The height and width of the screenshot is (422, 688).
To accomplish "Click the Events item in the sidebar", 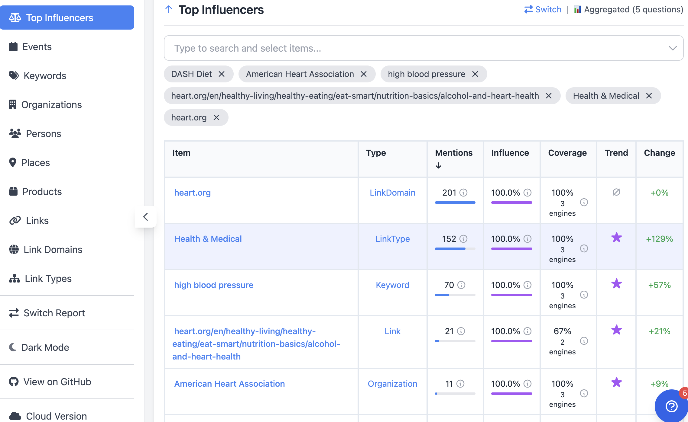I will [x=37, y=47].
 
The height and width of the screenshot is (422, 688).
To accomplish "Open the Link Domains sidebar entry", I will [x=53, y=250].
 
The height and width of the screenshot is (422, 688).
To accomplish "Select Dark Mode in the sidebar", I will [x=45, y=347].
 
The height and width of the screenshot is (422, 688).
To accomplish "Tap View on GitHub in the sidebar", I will [x=57, y=382].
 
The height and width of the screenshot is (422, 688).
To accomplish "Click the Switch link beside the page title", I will [x=543, y=10].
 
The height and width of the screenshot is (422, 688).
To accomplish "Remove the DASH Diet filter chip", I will [x=222, y=74].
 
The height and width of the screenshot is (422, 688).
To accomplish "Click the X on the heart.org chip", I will [x=216, y=117].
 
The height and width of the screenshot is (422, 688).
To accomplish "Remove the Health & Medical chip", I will [x=649, y=96].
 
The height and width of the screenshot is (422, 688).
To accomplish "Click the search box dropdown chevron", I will [x=673, y=48].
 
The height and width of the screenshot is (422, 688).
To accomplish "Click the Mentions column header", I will [x=454, y=153].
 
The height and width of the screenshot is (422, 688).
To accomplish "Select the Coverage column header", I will [x=567, y=153].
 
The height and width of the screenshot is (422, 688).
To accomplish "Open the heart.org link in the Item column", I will [x=192, y=193].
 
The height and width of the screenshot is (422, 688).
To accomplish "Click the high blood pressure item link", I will [x=214, y=285].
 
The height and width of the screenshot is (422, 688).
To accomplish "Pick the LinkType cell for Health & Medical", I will [x=392, y=239].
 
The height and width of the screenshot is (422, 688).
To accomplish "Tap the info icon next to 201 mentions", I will [x=463, y=193].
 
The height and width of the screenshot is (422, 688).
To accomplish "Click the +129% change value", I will [x=659, y=239].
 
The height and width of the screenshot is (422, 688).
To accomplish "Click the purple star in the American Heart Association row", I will [x=616, y=382].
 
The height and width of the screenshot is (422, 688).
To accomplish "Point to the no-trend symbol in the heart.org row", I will [x=616, y=192].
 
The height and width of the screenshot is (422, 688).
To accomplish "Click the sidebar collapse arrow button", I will [x=146, y=217].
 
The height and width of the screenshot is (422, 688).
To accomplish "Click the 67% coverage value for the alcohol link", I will [x=562, y=331].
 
